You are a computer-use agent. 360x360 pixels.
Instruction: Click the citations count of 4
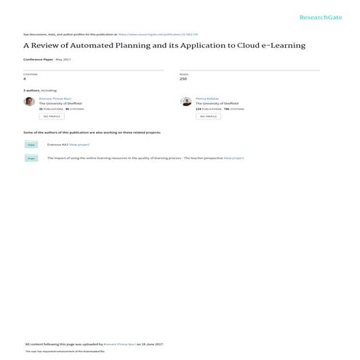point(25,78)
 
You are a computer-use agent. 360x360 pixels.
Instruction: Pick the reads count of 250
point(183,78)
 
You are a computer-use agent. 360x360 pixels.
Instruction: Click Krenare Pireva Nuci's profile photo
point(29,102)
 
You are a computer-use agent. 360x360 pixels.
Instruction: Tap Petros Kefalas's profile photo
point(186,102)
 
